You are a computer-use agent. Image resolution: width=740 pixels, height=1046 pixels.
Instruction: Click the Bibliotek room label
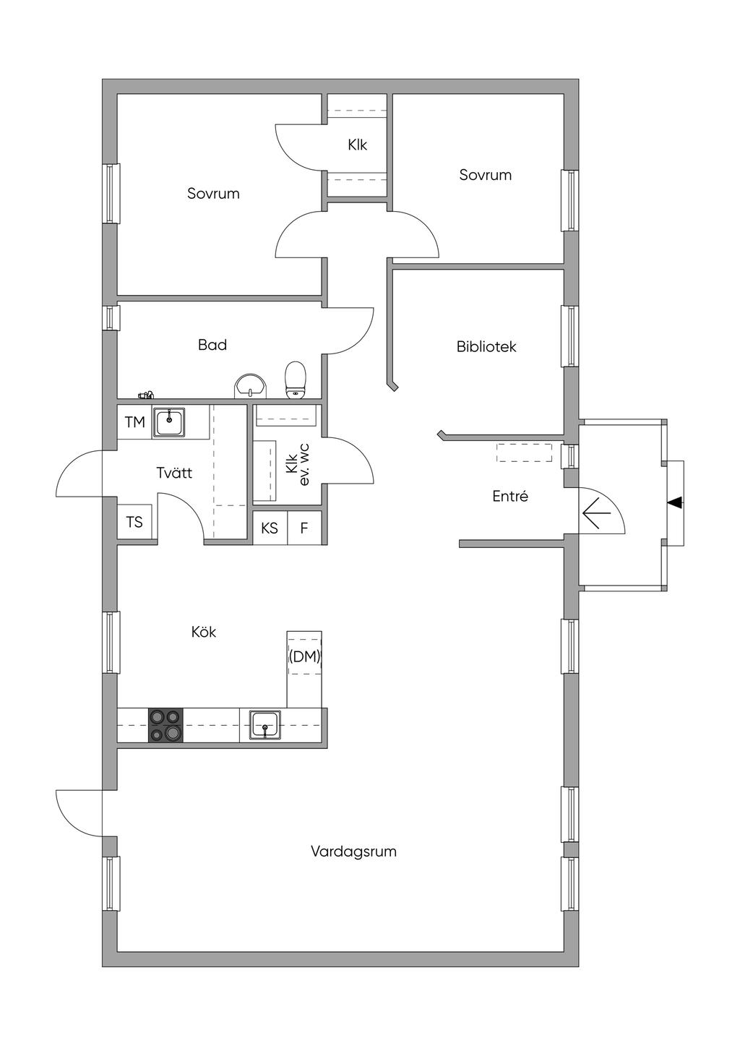tap(486, 347)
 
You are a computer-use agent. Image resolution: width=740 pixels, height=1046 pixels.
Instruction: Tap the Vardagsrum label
tap(353, 852)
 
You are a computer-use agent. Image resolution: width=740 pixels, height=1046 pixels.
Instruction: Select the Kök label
tap(204, 633)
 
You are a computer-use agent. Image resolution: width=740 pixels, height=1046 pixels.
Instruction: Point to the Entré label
tap(510, 497)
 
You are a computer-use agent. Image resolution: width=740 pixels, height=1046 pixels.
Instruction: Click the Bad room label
tap(212, 346)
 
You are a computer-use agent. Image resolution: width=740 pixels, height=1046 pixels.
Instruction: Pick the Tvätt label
tap(174, 473)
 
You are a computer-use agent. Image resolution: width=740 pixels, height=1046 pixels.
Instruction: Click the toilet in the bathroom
tap(296, 380)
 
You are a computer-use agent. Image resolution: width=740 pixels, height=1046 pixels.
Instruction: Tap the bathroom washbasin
tap(251, 385)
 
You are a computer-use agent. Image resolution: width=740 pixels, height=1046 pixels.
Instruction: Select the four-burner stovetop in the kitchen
tap(165, 725)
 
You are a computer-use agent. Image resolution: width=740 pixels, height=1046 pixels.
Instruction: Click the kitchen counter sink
tap(266, 725)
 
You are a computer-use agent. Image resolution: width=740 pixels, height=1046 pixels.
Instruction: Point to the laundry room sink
tap(170, 421)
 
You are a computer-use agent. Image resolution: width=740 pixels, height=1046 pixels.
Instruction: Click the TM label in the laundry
tap(135, 422)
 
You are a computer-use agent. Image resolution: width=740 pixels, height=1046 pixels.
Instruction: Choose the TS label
tap(134, 522)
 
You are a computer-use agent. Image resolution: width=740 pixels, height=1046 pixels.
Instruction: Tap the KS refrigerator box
tap(270, 528)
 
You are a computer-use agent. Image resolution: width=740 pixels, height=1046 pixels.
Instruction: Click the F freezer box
tap(304, 528)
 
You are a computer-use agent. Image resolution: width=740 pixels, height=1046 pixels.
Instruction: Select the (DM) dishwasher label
tap(304, 657)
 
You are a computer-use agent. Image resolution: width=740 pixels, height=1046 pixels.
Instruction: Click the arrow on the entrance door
tap(596, 513)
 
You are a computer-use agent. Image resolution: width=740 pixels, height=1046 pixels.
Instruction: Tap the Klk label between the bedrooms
tap(357, 145)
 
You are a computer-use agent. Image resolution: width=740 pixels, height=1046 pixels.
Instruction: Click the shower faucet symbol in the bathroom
tap(147, 395)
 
